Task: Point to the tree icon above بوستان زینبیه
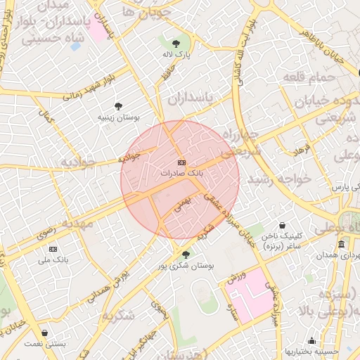point(117,105)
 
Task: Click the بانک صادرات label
point(181,172)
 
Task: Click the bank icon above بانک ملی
point(53,249)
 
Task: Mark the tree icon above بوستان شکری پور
point(186,255)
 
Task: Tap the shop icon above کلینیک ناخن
point(282,226)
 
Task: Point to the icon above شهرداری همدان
point(341,244)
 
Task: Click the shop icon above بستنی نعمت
point(46,333)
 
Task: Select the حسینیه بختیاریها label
point(311,350)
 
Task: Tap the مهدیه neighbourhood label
point(77,223)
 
